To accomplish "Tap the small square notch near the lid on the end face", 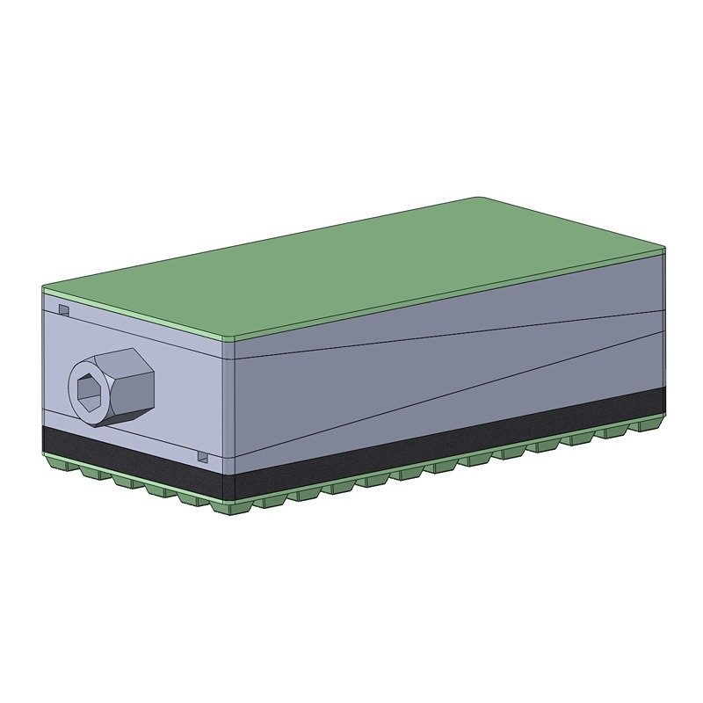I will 63,309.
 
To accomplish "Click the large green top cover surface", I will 351,264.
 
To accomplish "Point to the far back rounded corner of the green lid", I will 476,199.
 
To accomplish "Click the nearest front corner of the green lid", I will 232,338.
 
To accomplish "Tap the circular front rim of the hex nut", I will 76,401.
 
